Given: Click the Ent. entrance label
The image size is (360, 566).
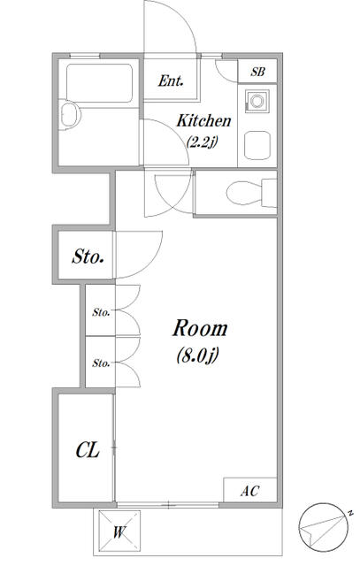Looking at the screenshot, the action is click(171, 80).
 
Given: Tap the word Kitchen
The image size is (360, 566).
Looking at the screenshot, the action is click(203, 120).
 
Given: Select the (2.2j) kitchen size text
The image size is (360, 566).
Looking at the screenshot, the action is click(202, 141).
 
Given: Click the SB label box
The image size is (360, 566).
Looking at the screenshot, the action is click(257, 71).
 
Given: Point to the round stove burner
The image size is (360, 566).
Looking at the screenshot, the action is click(257, 101).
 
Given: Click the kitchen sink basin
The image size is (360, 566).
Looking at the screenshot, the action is click(257, 145).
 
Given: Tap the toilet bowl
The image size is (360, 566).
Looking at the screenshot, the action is click(244, 193).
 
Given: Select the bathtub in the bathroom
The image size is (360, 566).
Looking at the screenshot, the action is click(99, 83).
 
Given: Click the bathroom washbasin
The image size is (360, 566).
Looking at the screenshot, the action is click(70, 114).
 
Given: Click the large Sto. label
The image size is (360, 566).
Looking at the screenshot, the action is click(88, 256).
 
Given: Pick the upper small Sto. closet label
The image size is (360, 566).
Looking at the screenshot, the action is click(101, 312).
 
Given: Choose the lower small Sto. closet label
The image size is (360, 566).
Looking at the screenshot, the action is click(101, 363).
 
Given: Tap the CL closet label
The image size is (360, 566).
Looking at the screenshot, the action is click(88, 450).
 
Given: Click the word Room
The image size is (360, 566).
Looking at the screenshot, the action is click(200, 328).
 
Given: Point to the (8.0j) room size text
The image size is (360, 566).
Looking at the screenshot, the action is click(198, 356).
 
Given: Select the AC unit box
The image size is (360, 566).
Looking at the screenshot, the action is click(250, 490).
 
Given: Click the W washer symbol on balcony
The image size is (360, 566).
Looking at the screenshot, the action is click(119, 531).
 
